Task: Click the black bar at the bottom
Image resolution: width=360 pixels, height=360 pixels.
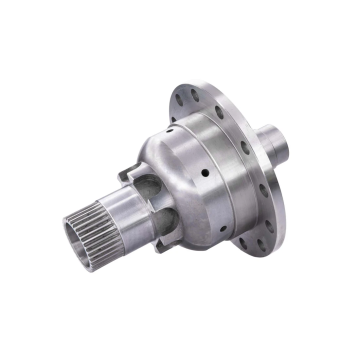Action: [x=180, y=329]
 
